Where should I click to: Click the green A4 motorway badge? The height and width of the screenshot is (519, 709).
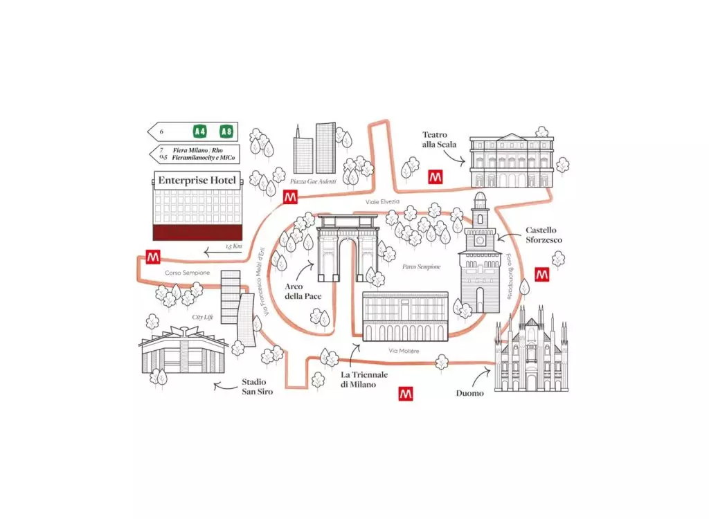[x=199, y=131]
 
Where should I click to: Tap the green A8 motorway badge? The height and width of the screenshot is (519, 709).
[x=226, y=131]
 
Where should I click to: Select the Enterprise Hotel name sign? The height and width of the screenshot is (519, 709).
[x=197, y=181]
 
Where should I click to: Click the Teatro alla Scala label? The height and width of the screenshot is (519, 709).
[x=439, y=140]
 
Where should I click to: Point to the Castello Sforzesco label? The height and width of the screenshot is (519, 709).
[x=544, y=235]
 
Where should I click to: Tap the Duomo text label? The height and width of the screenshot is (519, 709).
[x=470, y=393]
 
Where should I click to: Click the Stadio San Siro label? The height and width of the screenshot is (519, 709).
[x=257, y=387]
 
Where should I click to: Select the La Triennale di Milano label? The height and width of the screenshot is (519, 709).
[x=364, y=380]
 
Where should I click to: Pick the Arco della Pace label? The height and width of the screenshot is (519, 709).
[x=303, y=291]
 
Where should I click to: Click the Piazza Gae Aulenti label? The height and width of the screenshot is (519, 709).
[x=314, y=181]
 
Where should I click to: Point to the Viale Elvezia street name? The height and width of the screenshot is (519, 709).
[x=382, y=201]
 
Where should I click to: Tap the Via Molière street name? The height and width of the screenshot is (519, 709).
[x=404, y=351]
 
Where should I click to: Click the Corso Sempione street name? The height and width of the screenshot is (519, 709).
[x=187, y=273]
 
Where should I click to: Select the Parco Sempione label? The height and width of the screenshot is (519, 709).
[x=422, y=266]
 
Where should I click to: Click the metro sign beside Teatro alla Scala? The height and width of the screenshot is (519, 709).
[x=436, y=176]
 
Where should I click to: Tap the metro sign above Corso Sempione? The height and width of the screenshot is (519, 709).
[x=153, y=257]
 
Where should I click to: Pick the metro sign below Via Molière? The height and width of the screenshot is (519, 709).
[x=406, y=394]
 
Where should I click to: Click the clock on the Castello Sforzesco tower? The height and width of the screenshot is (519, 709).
[x=480, y=241]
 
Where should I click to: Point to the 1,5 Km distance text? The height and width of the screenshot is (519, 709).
[x=234, y=246]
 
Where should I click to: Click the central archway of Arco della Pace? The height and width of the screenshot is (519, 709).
[x=348, y=260]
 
